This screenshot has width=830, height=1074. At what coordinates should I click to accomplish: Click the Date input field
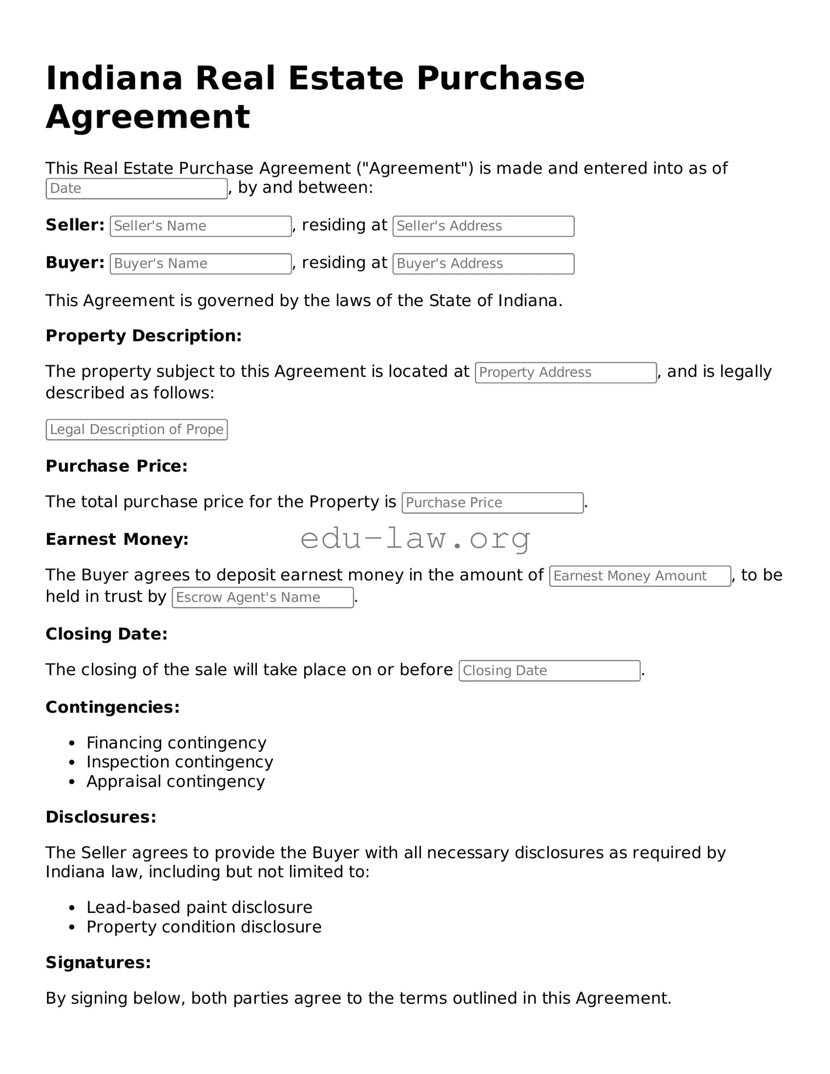tap(137, 188)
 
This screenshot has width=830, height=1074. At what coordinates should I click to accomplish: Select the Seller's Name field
tap(201, 226)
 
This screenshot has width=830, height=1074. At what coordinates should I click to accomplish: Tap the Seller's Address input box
tap(483, 226)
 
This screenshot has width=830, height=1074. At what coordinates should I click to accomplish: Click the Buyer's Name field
tap(201, 264)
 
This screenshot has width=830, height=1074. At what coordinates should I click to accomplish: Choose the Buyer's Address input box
tap(483, 264)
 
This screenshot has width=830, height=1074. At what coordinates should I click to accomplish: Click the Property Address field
tap(565, 372)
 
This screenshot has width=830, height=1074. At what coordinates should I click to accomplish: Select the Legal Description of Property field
tap(137, 429)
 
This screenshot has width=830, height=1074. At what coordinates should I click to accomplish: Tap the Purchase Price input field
tap(492, 503)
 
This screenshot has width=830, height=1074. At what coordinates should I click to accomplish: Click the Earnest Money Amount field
tap(639, 576)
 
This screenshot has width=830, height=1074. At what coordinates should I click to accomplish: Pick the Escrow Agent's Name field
tap(262, 597)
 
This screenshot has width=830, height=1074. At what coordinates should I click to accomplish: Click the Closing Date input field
tap(549, 671)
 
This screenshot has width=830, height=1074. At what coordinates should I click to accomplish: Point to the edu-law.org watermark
tap(415, 539)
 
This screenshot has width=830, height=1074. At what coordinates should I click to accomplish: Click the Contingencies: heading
tap(113, 707)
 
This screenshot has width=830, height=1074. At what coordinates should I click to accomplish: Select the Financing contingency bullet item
tap(176, 742)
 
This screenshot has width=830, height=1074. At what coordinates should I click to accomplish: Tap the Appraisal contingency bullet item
tap(176, 781)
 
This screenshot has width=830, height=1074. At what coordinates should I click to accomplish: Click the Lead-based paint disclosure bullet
tap(199, 907)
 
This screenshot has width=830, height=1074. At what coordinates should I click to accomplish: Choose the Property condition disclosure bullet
tap(204, 926)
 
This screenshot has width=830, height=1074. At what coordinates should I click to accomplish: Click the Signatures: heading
tap(98, 962)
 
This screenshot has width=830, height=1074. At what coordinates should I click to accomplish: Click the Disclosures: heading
tap(101, 817)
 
